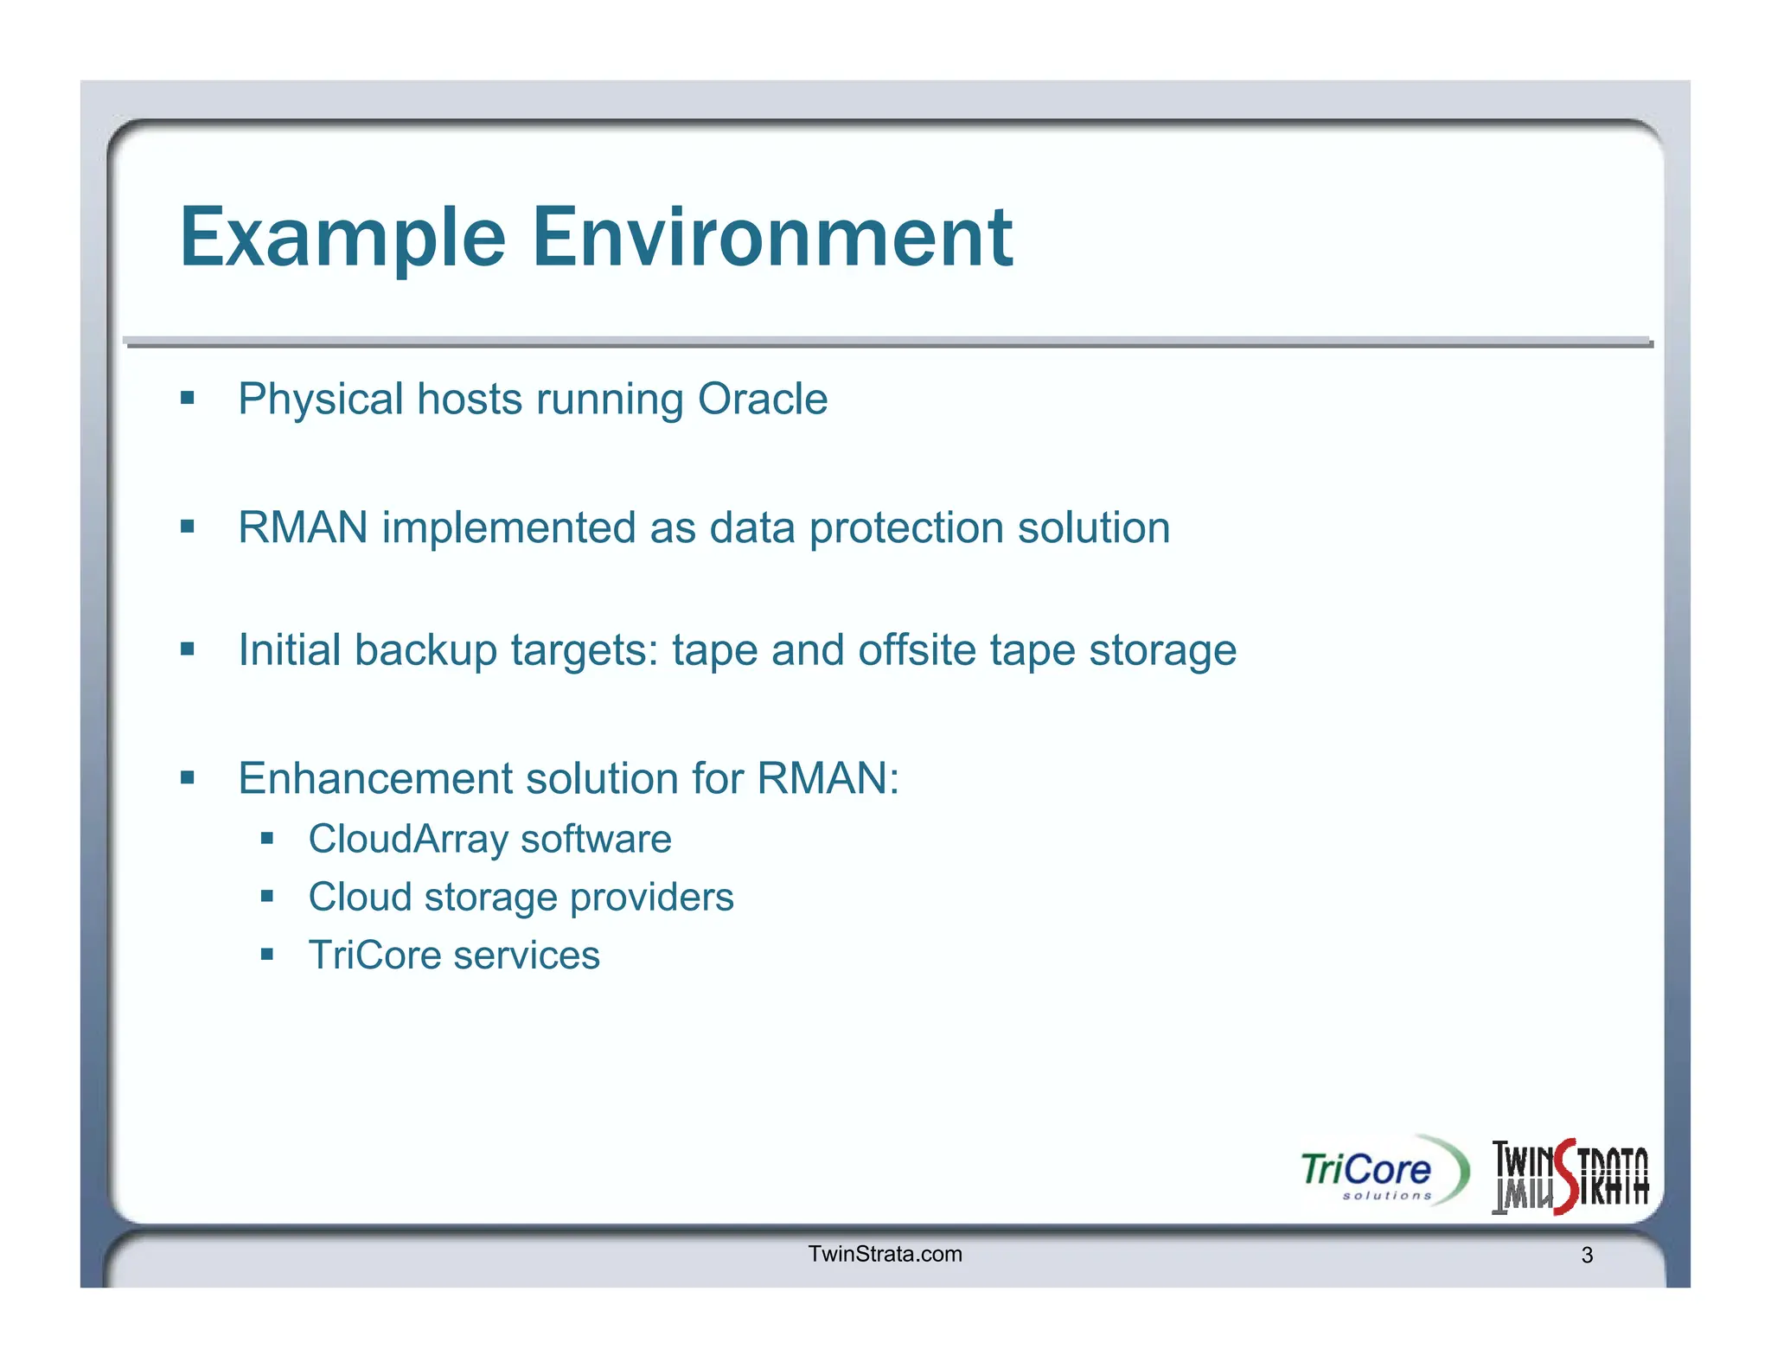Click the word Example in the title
342,238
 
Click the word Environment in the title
771,238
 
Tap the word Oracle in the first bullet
763,400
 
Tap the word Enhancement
375,778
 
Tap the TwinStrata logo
1570,1176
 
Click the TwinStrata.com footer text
885,1255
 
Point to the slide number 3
1587,1256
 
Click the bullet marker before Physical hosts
188,399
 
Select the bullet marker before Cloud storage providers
267,897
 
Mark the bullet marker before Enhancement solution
188,777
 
